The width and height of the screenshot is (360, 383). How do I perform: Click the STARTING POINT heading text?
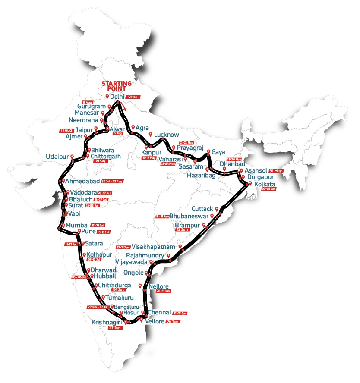click(x=117, y=86)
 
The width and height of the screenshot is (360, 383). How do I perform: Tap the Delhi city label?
click(x=117, y=97)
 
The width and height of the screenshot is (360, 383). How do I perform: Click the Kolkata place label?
click(x=264, y=184)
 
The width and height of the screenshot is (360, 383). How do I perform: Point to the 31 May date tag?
click(x=275, y=171)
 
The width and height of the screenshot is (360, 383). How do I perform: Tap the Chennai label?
click(x=159, y=312)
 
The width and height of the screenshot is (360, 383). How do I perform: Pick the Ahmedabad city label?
click(x=82, y=181)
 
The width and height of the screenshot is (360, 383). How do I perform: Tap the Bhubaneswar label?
click(x=189, y=216)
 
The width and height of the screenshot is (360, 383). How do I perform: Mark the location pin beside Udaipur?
click(x=72, y=157)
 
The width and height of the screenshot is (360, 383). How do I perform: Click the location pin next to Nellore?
click(x=139, y=286)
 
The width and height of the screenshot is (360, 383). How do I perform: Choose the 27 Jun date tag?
click(x=115, y=328)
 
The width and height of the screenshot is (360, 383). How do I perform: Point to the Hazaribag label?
click(x=201, y=175)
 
